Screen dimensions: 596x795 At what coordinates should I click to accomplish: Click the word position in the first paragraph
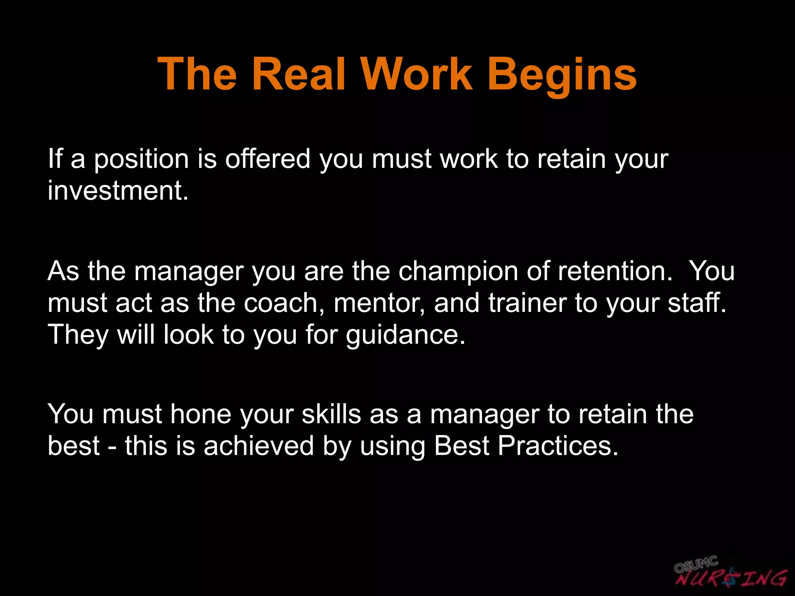pos(141,159)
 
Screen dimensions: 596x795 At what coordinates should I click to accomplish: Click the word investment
pos(118,191)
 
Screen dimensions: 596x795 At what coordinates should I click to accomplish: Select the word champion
pos(458,271)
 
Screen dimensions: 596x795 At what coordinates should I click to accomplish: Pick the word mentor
pos(379,303)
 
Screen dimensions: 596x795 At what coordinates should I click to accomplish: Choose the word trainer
pos(527,303)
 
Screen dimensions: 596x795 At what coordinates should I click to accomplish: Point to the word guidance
pos(405,335)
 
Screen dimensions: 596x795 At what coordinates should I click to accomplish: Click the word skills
pos(331,414)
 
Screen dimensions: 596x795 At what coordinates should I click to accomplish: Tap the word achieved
pos(259,446)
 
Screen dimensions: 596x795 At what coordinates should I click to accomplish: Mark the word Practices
pos(558,446)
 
